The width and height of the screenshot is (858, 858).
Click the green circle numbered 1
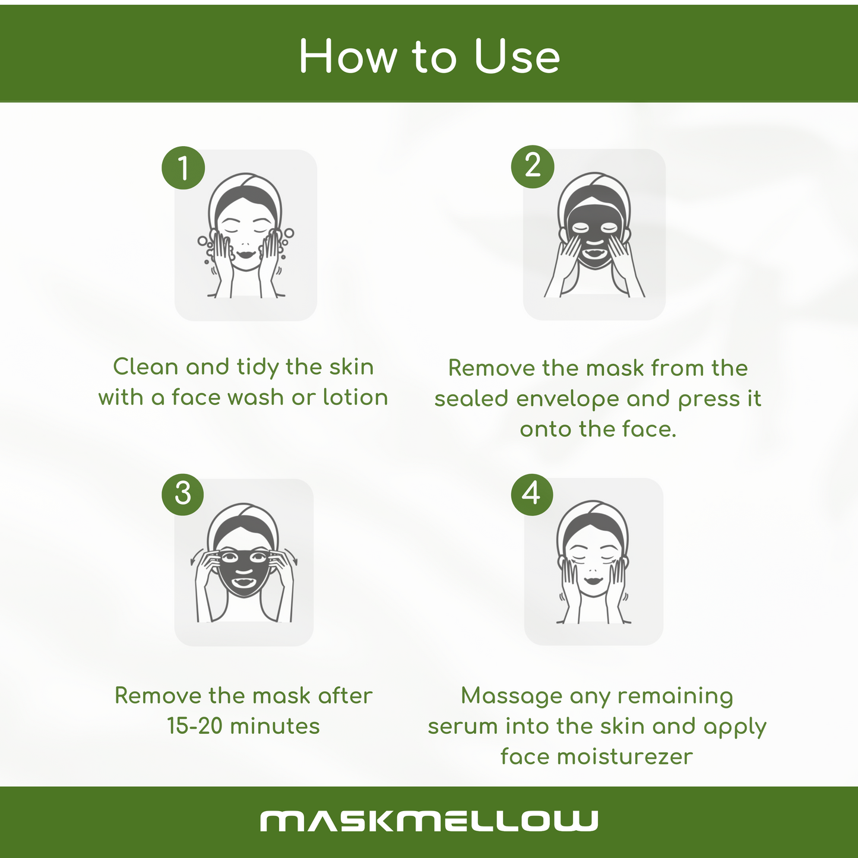point(183,168)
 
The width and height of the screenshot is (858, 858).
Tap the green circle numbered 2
point(533,166)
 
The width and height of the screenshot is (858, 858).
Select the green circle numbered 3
point(182,494)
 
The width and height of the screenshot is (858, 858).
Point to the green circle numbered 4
point(531,494)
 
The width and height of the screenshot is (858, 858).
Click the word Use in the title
point(517,56)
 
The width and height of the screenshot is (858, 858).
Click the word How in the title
point(348,56)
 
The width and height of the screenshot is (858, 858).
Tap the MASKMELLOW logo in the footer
point(429,821)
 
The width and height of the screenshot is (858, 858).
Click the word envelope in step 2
point(567,399)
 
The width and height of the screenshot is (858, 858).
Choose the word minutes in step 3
point(275,726)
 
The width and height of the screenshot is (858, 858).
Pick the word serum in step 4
point(463,727)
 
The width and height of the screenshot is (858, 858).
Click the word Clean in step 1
point(145,367)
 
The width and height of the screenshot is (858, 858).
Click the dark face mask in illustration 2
point(594,232)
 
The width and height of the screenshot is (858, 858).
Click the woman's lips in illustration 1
point(246,255)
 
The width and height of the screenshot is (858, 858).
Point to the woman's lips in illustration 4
point(593,581)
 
